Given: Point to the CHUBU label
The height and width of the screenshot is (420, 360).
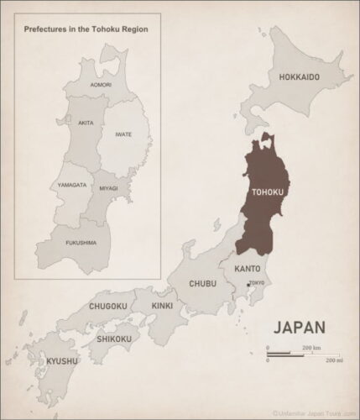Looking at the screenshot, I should coord(202,283).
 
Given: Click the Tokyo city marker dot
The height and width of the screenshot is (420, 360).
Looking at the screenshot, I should coord(246,287).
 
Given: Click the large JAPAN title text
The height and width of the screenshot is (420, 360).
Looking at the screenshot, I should coord(299,325).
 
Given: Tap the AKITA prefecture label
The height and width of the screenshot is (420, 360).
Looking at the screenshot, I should coord(85,122).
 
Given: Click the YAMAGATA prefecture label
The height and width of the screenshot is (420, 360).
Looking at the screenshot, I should coord(72,184).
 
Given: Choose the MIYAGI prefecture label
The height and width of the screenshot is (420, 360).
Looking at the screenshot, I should coord(108,188).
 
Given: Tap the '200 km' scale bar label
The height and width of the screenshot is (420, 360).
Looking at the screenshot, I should coord(311,347).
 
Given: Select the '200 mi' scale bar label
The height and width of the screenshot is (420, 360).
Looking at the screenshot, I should coord(334,360).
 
